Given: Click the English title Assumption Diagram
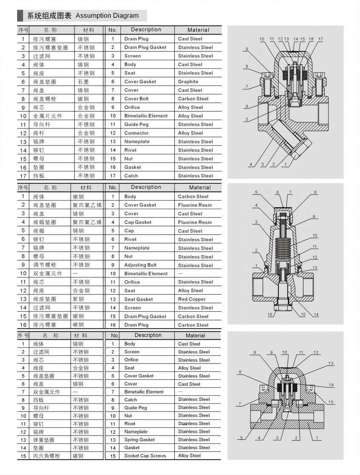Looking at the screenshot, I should [x=107, y=16].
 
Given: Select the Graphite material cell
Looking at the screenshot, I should [x=188, y=82].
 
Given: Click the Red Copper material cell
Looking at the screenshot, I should [x=192, y=299].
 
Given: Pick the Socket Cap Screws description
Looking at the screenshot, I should [x=145, y=456].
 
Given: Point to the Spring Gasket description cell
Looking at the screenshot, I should [x=139, y=440].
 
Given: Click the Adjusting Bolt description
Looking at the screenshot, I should [x=140, y=265].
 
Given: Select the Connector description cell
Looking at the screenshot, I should [x=136, y=133].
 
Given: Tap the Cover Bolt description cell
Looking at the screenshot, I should [x=136, y=99].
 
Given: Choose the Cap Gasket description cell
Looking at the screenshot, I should [x=138, y=222].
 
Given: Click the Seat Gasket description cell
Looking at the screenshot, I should [x=139, y=299].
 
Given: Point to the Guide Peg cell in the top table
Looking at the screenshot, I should [x=136, y=125].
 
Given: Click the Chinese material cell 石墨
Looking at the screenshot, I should [x=83, y=82].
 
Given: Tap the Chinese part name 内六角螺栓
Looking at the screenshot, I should [x=47, y=456].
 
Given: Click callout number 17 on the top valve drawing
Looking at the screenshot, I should [x=320, y=39].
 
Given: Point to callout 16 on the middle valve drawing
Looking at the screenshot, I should [x=270, y=315].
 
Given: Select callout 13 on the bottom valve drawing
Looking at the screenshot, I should [x=331, y=364].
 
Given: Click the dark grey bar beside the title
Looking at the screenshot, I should [x=20, y=16].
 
